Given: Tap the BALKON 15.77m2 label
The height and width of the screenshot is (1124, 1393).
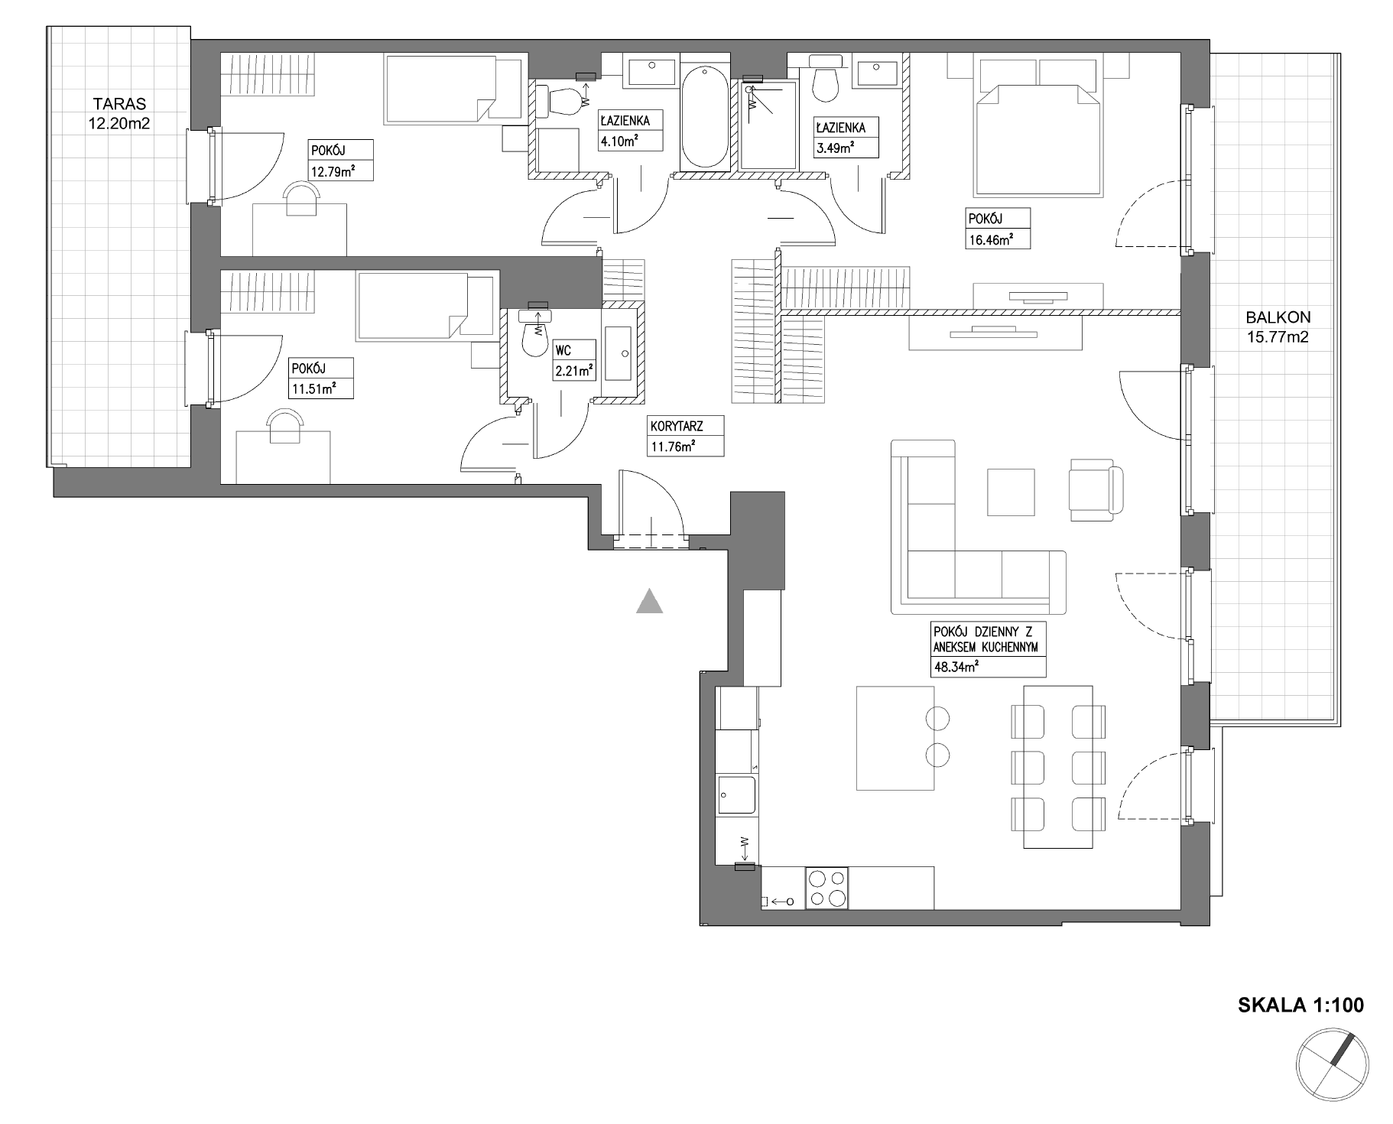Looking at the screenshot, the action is [x=1278, y=326].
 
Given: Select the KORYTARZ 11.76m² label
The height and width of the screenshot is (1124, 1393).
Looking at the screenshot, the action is [x=685, y=436].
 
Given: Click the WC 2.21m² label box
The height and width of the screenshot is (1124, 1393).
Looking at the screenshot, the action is [x=574, y=360].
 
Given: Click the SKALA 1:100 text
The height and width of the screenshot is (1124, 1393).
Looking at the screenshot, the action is [x=1300, y=1005].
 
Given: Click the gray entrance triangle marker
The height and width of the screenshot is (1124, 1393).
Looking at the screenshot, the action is [x=649, y=601].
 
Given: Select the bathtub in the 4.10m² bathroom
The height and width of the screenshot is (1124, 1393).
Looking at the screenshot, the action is [x=704, y=117].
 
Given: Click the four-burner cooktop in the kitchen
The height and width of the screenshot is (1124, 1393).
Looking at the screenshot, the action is [x=826, y=888].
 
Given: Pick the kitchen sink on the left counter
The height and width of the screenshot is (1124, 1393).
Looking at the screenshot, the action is [x=736, y=795].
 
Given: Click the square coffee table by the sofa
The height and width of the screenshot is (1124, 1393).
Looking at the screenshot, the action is [x=1011, y=492].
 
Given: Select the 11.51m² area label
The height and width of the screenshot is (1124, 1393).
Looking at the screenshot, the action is [x=312, y=388].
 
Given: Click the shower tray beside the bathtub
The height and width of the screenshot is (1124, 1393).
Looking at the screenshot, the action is [x=768, y=125].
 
